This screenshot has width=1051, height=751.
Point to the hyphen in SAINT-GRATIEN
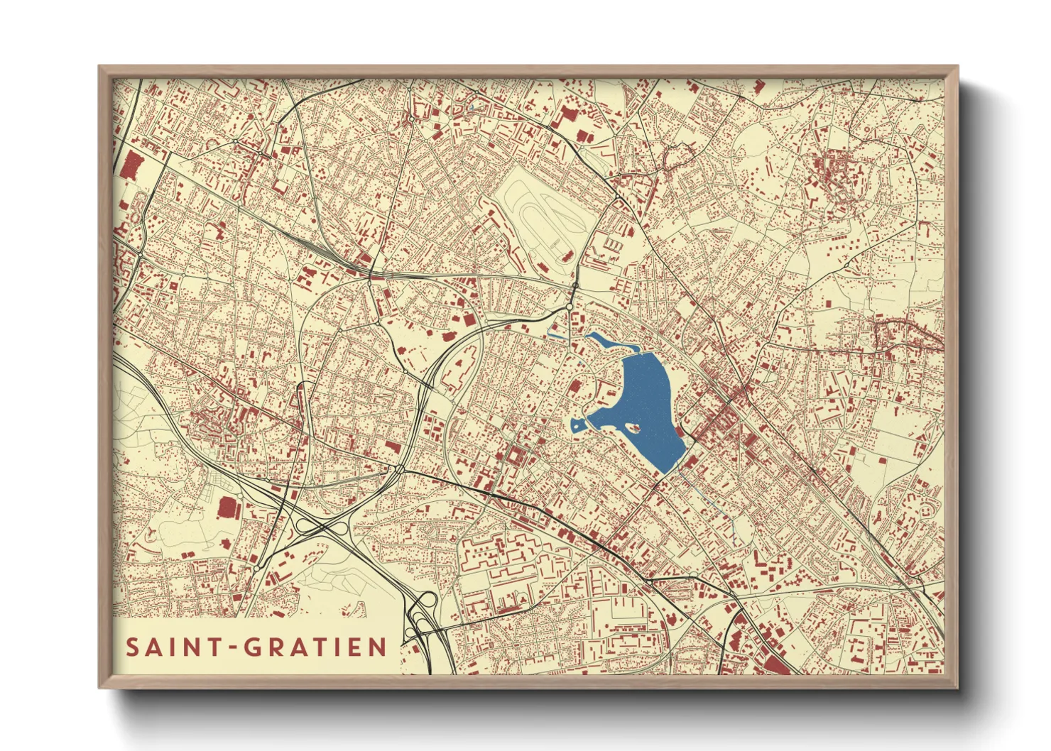tap(233, 648)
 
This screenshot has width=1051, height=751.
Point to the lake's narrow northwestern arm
tap(604, 341)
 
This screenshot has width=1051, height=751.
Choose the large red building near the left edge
tap(130, 168)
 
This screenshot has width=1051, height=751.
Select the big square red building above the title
tap(229, 509)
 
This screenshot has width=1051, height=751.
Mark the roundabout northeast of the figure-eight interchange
tap(400, 469)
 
